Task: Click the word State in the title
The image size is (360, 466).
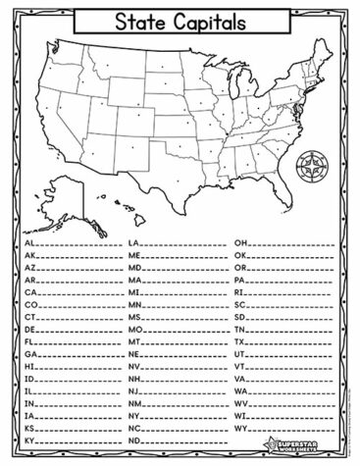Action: click(140, 19)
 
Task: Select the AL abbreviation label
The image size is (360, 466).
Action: click(29, 240)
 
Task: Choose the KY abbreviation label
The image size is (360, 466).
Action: click(29, 440)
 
